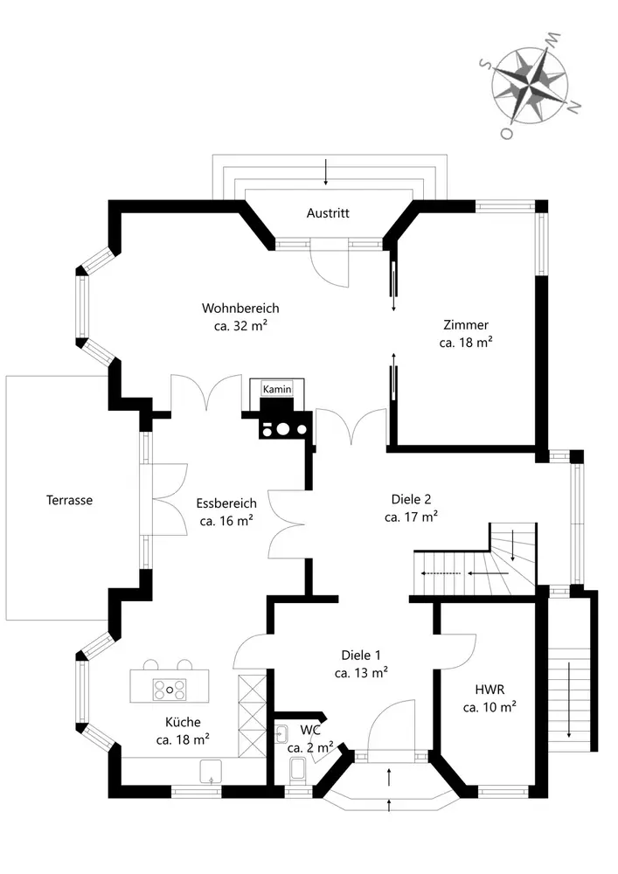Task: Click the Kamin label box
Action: coord(277,389)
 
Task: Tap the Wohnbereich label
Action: coord(240,309)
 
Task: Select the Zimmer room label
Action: coord(466,325)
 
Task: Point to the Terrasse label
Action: coord(69,500)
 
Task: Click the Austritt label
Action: coord(328,213)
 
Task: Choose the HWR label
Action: coord(490,690)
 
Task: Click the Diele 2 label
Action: coord(411,499)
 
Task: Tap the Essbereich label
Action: coord(226,503)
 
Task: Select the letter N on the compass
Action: coord(574,107)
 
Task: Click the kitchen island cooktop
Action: coord(170,690)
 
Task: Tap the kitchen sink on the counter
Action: coord(212,772)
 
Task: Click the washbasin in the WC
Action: coord(282,734)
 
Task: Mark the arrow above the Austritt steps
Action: coord(325,171)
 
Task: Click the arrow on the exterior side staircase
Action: coord(568,699)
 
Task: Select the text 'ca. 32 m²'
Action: coord(240,325)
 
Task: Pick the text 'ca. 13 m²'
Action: coord(361,673)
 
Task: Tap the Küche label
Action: coord(183,723)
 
